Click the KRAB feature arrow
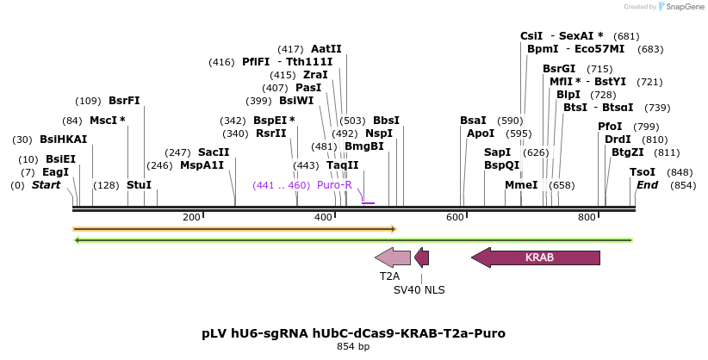tap(536, 257)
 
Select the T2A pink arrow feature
tap(393, 257)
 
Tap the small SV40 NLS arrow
tap(421, 257)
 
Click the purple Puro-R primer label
tap(334, 185)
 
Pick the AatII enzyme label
tap(326, 49)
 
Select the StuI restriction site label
tap(139, 185)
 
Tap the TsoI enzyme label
tap(643, 172)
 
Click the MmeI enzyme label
tap(521, 185)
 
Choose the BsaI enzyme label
tap(473, 121)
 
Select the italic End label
tap(648, 185)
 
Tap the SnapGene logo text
tap(682, 7)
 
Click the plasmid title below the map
tap(353, 332)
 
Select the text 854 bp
tap(353, 346)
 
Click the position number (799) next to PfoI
tap(646, 127)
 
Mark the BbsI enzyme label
tap(386, 121)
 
